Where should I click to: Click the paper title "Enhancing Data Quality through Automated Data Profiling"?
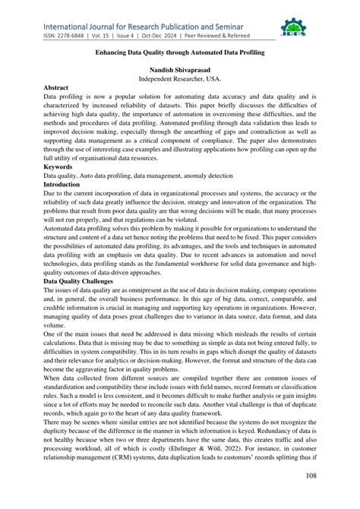point(179,55)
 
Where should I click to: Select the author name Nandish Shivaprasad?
point(179,70)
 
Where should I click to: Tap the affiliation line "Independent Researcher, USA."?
point(179,79)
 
